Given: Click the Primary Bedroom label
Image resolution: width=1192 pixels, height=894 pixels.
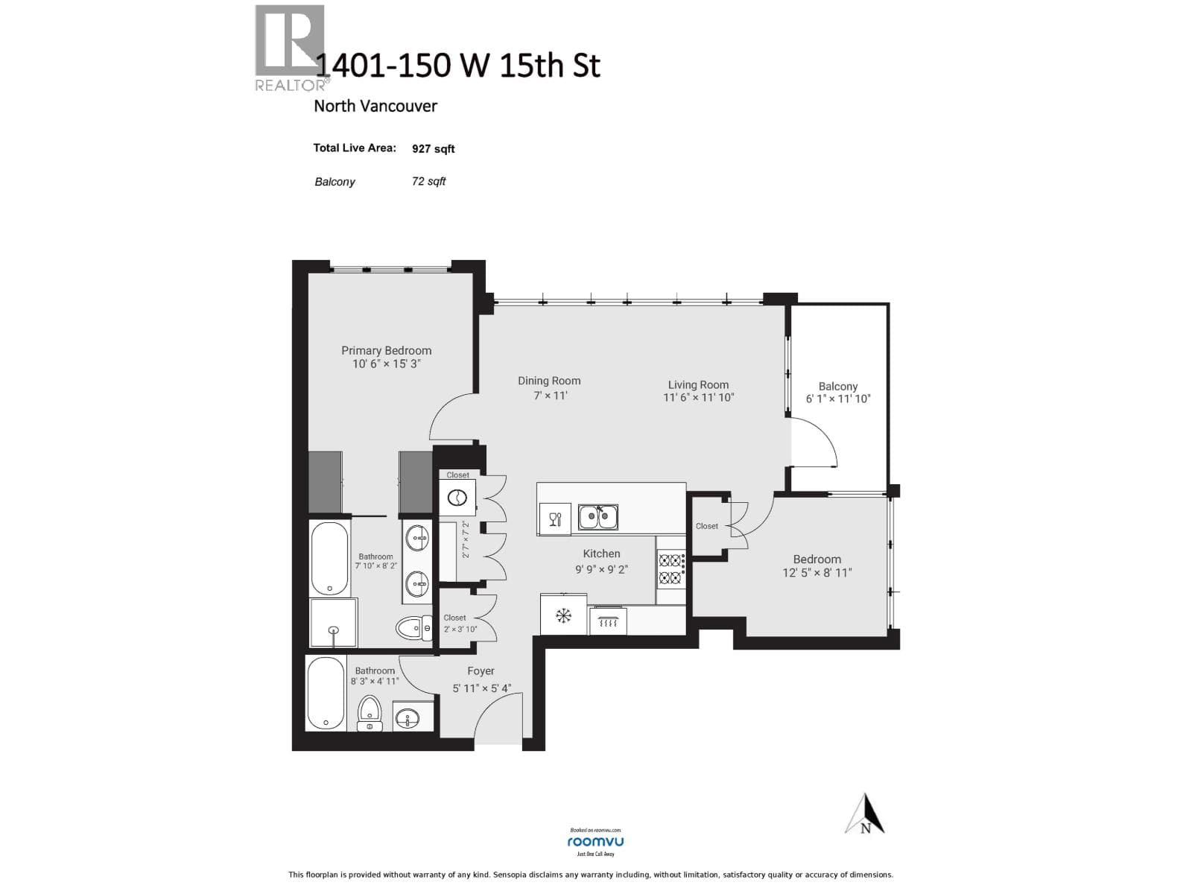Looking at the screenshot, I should point(386,350).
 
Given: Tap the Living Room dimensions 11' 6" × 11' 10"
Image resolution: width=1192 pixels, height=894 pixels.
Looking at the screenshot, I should point(698,398).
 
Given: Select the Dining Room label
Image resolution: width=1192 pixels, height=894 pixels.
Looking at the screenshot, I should point(549,381).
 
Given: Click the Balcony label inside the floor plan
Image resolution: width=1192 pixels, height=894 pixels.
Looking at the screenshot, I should point(837,386).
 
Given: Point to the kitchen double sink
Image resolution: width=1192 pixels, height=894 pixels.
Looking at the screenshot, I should point(597,516).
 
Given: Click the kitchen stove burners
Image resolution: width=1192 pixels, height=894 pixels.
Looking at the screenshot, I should point(670,568).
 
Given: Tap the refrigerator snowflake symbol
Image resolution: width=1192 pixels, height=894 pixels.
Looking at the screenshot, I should point(564,616).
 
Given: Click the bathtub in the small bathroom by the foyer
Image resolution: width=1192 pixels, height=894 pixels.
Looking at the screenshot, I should point(326,693).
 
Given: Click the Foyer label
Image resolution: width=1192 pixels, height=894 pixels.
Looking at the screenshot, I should point(481,671).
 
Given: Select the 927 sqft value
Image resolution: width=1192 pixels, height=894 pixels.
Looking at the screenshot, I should point(433,149).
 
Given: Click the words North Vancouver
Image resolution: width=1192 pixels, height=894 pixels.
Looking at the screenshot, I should point(375,106).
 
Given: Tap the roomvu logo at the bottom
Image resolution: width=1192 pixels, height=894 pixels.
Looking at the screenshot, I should point(595,842).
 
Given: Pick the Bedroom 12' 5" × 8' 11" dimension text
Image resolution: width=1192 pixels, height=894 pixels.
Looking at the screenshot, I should point(817,573).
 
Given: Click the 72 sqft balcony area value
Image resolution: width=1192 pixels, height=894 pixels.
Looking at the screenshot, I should point(428,181).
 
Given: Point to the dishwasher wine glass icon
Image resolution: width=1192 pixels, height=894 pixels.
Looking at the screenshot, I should point(555,519).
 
